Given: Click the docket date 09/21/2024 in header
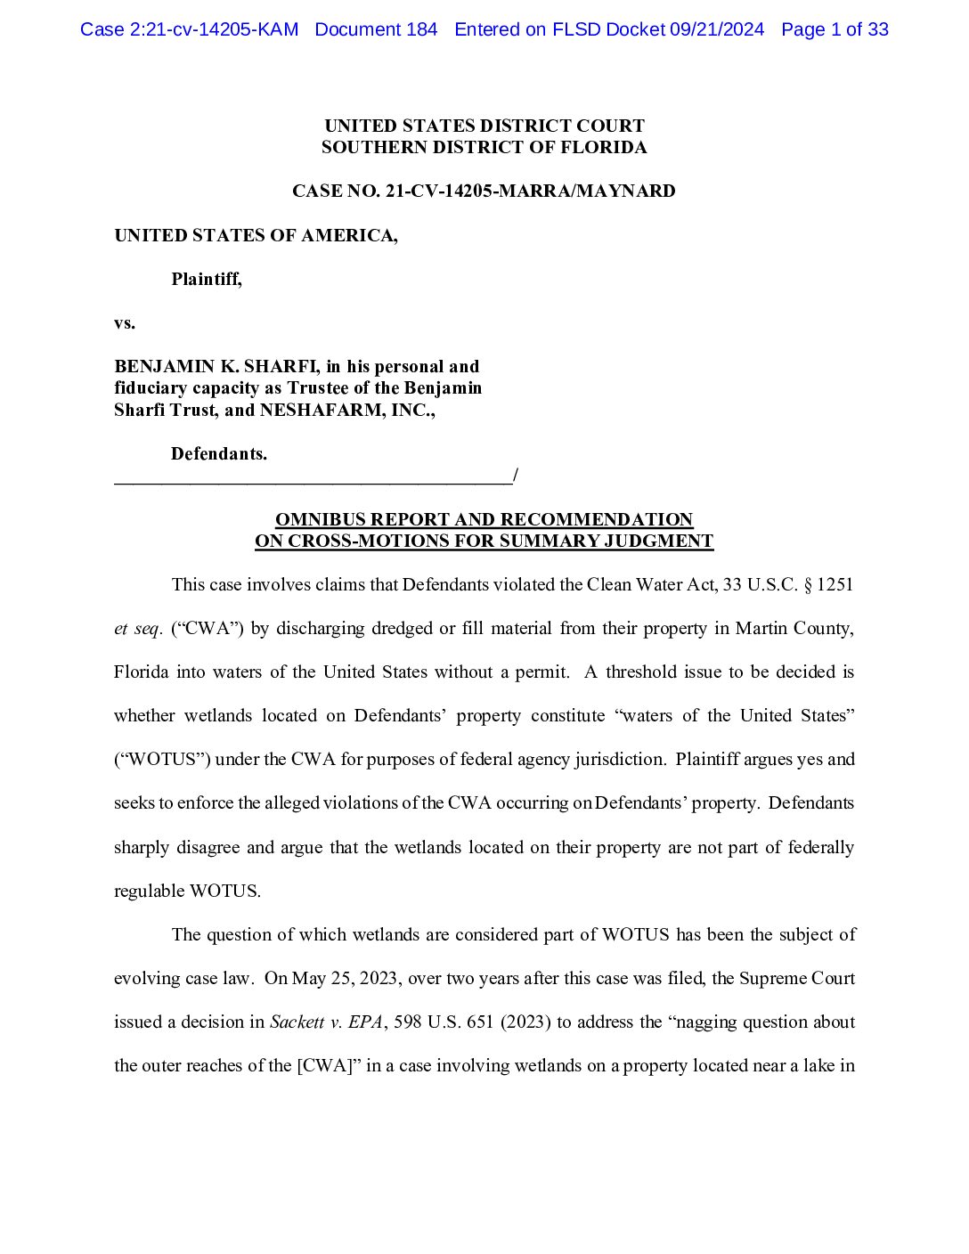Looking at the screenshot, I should (x=717, y=29).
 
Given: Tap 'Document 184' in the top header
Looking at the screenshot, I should (x=376, y=29).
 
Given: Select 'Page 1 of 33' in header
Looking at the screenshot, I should (x=835, y=29).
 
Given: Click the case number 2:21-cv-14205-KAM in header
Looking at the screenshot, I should (x=189, y=29).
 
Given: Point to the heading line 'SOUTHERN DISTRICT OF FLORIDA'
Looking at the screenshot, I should (x=484, y=147).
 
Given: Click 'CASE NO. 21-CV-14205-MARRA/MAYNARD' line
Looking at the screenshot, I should (x=484, y=191).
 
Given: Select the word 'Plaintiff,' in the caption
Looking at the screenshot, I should (x=207, y=279).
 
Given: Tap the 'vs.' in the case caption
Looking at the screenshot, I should (x=125, y=322).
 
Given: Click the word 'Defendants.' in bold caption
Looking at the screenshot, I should (x=219, y=453).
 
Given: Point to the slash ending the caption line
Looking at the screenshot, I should (x=516, y=476).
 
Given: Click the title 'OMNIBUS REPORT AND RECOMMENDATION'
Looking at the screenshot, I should (x=484, y=519).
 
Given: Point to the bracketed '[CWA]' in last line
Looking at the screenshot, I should (x=324, y=1065).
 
